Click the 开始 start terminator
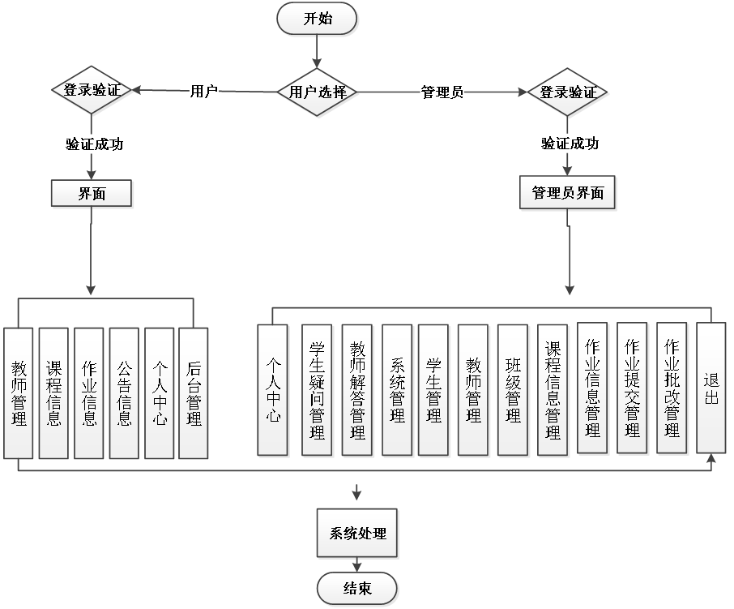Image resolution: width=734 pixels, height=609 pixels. coord(317,19)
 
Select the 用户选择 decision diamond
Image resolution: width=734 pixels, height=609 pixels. coord(318,92)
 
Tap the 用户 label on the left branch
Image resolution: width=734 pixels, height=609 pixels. coord(203,91)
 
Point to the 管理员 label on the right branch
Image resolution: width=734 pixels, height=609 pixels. coord(442,92)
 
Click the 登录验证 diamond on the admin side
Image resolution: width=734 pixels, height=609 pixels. coord(568,92)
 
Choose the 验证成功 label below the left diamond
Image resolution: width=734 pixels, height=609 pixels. coord(94,144)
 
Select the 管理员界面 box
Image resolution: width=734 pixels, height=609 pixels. coord(567,193)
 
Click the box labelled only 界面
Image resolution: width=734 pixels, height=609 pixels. coord(92,194)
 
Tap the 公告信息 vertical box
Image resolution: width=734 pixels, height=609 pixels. coord(125,393)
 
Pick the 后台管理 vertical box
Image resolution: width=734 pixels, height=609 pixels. coord(194,393)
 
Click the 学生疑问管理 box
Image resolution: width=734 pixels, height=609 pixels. coord(317,390)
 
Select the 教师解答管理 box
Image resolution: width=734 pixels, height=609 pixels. coord(357,390)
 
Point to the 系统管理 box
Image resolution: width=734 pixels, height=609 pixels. coord(397,390)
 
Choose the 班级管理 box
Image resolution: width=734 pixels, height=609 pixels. coord(513,390)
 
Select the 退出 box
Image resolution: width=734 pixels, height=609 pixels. coord(711,388)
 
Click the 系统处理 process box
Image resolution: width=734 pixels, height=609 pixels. coord(357,534)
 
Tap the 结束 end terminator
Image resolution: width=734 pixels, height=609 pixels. coord(357,589)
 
